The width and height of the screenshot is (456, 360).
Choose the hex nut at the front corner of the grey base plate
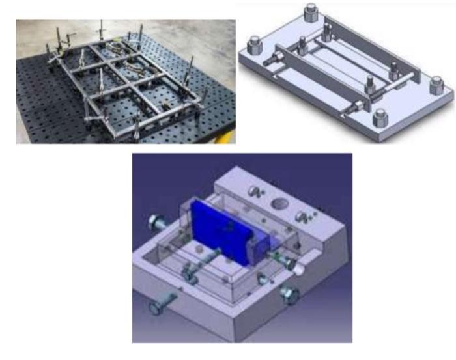(x=380, y=117)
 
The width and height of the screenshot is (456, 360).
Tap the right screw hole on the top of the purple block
(x=300, y=217)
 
